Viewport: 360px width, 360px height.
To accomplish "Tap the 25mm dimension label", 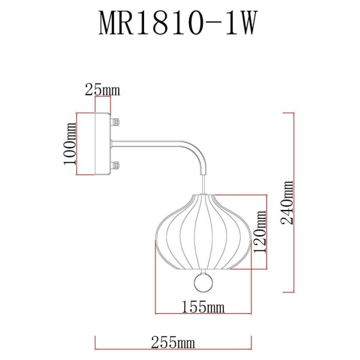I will [x=102, y=91].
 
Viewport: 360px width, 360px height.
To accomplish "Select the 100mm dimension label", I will [x=69, y=144].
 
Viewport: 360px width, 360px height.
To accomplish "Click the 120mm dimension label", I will [x=260, y=232].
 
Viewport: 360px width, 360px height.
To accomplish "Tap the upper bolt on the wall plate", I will [x=115, y=124].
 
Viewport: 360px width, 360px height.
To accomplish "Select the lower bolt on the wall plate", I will [x=115, y=164].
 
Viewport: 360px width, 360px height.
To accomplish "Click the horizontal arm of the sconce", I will [x=150, y=143].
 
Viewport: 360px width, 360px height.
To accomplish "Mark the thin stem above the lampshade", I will [x=205, y=183].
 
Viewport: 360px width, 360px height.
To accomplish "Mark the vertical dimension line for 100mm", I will [x=76, y=144].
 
